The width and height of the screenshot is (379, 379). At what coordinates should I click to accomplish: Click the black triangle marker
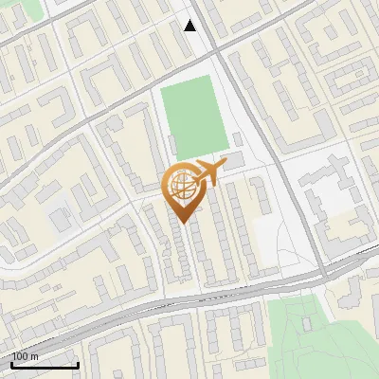pyautogui.click(x=190, y=26)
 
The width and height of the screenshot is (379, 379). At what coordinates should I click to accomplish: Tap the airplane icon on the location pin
pyautogui.click(x=210, y=171)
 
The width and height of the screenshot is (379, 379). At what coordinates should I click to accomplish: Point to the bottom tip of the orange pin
pyautogui.click(x=183, y=224)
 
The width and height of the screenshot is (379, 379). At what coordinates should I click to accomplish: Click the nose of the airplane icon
pyautogui.click(x=226, y=164)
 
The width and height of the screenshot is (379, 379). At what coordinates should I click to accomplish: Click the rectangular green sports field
pyautogui.click(x=193, y=118)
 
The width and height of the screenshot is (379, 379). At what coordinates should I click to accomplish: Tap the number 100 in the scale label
pyautogui.click(x=21, y=356)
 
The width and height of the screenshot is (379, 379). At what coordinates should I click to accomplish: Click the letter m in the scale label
pyautogui.click(x=35, y=356)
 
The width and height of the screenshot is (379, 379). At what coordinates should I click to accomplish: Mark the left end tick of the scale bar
pyautogui.click(x=12, y=365)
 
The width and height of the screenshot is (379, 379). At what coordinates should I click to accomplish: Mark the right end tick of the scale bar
pyautogui.click(x=78, y=365)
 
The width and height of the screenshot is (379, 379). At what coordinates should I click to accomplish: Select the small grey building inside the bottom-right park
pyautogui.click(x=307, y=323)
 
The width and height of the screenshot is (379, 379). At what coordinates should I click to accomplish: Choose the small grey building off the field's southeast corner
pyautogui.click(x=236, y=139)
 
